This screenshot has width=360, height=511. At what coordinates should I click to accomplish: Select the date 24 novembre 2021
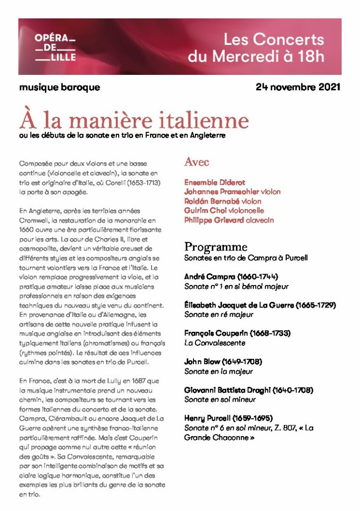298,87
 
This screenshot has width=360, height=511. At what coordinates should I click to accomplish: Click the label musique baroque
59,87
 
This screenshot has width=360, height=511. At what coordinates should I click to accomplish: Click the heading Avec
196,162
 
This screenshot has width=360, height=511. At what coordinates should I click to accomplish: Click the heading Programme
215,247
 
